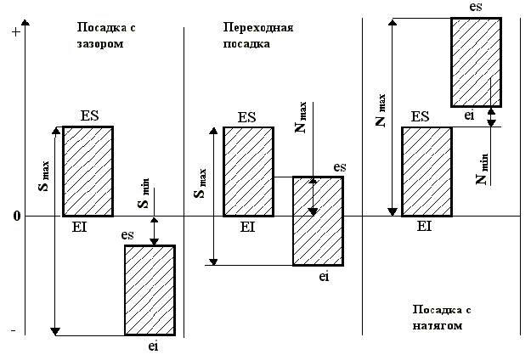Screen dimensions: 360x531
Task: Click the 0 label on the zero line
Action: point(15,217)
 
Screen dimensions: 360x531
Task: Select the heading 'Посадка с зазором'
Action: point(105,35)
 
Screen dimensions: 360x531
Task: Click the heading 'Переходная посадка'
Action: point(252,35)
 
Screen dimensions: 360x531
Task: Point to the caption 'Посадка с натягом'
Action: point(439,317)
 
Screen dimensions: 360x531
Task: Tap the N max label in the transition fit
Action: point(300,118)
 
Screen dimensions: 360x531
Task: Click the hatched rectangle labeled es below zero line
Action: point(150,290)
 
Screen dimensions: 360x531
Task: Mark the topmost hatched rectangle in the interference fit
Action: point(475,62)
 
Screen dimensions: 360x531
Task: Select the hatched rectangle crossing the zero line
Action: point(318,221)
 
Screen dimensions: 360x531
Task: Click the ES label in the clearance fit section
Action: point(90,115)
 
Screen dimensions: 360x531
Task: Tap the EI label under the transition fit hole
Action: point(247,227)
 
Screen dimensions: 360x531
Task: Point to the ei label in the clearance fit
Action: point(153,346)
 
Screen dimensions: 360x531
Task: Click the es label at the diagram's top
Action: point(477,7)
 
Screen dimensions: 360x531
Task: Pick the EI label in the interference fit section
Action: point(425,227)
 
